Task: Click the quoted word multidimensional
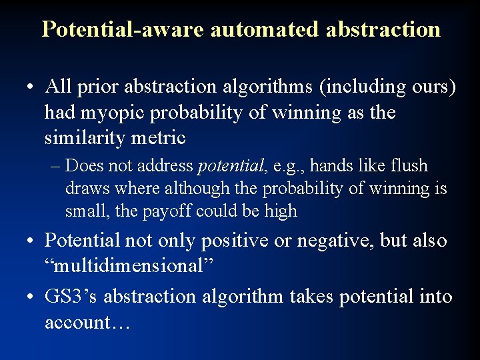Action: (x=128, y=266)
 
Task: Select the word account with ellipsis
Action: (x=87, y=322)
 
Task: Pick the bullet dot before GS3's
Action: (x=31, y=297)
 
